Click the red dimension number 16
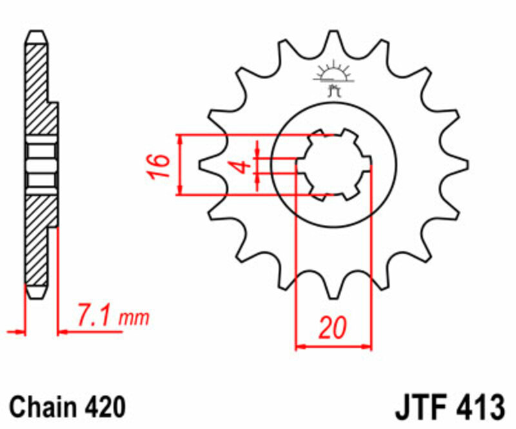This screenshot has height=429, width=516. (x=161, y=166)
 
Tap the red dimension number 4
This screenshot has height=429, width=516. (x=242, y=166)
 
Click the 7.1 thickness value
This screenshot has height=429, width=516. (x=97, y=316)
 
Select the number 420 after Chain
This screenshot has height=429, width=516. (x=102, y=407)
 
